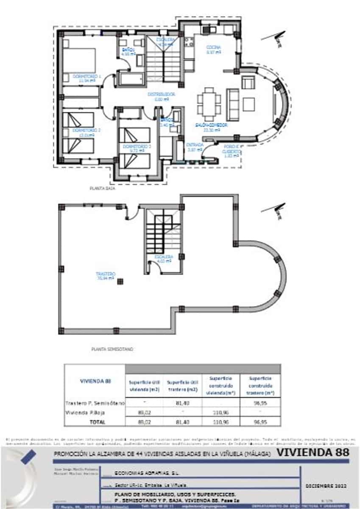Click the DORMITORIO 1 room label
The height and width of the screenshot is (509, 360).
point(87,76)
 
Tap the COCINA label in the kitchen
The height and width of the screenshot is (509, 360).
point(213,47)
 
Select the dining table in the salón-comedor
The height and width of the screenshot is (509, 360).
point(209,103)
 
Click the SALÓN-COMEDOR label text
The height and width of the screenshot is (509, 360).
point(211,126)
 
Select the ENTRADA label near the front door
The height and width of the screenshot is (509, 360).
point(195,145)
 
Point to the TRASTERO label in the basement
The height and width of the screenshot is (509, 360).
point(106,274)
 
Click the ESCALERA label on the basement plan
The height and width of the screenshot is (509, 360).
point(163,257)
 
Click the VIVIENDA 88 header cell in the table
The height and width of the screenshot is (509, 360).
point(95,381)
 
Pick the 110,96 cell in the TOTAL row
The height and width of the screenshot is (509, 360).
point(220,422)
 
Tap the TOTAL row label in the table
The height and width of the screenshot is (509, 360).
point(95,422)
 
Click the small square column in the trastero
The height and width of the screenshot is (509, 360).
point(120,281)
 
